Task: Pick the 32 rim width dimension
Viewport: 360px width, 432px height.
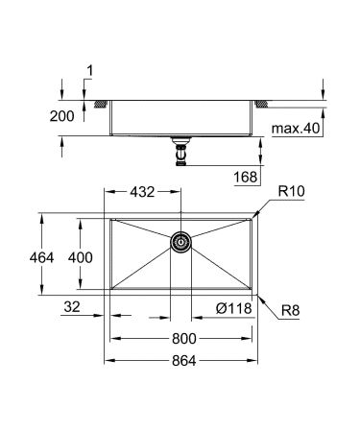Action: pyautogui.click(x=69, y=308)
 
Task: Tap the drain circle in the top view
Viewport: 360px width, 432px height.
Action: pyautogui.click(x=180, y=243)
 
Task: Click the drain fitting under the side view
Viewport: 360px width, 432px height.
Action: pyautogui.click(x=180, y=151)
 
